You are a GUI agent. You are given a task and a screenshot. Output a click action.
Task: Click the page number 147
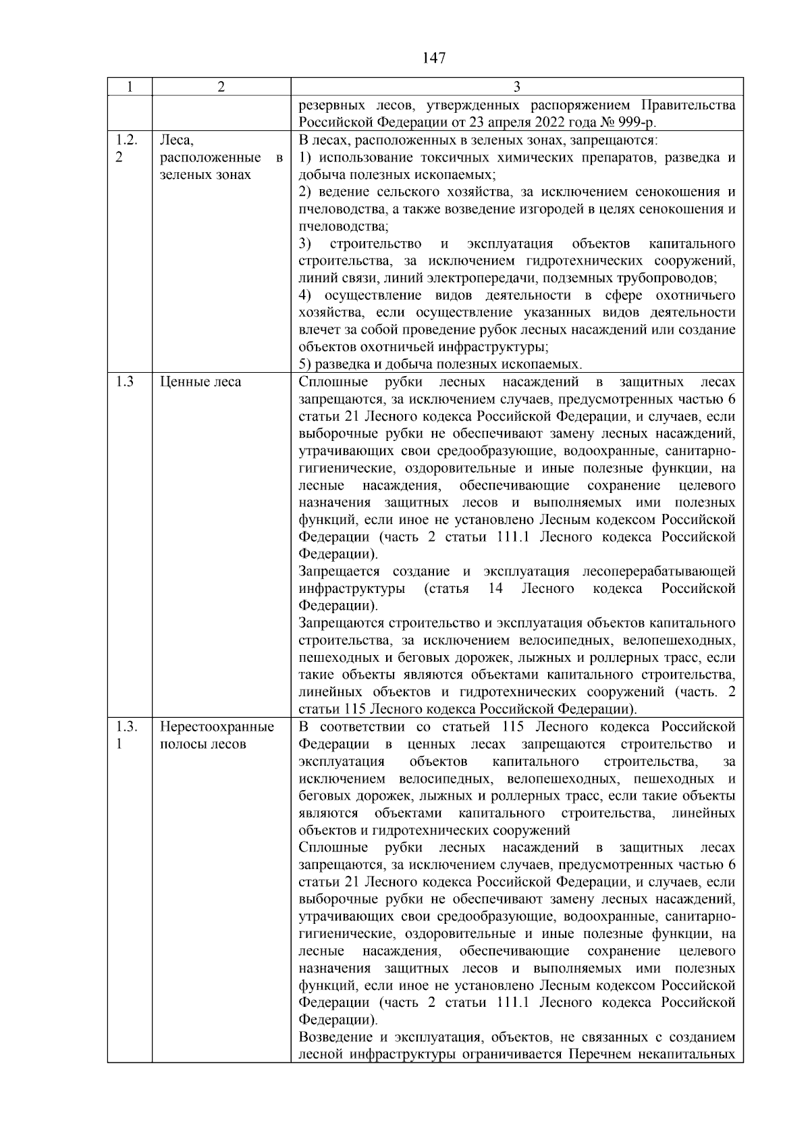tap(434, 58)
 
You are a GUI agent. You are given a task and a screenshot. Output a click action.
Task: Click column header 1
tap(130, 87)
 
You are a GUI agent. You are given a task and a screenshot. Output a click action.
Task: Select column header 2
tap(221, 87)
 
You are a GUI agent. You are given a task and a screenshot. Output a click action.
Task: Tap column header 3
tap(516, 87)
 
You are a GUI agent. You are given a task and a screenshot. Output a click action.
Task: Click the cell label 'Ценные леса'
tap(200, 382)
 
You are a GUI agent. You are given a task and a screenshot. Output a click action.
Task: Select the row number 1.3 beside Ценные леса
tap(124, 382)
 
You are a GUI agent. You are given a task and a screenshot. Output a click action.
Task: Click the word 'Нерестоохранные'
tap(217, 727)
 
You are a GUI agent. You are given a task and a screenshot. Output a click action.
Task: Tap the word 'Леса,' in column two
tap(177, 140)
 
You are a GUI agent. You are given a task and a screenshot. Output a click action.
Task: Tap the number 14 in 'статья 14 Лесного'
tap(495, 589)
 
